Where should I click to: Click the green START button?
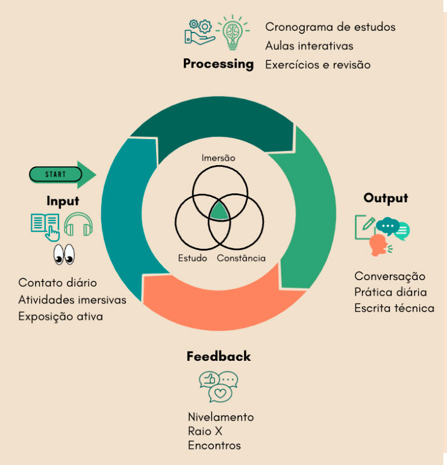55,175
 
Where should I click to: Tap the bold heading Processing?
218,64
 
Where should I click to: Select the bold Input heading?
63,201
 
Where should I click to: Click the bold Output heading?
386,198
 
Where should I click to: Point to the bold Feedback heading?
219,356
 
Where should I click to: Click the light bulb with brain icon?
233,33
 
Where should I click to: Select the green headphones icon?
78,224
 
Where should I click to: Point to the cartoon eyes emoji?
64,254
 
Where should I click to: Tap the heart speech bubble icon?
220,393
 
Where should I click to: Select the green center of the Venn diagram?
219,211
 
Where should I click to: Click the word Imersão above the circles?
218,158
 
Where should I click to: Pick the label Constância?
241,258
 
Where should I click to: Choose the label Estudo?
193,258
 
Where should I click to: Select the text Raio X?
205,431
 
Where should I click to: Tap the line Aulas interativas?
309,46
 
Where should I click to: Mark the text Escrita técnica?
394,308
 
